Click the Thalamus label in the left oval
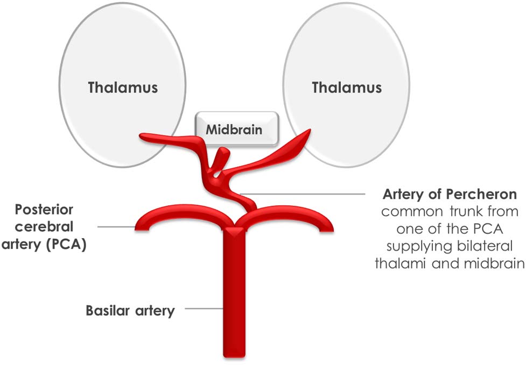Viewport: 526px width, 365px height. point(123,87)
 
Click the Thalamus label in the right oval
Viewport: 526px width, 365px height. point(347,87)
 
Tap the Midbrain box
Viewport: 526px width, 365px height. point(236,130)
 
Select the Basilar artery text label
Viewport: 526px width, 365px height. point(130,310)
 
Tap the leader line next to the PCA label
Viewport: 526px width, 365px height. point(116,227)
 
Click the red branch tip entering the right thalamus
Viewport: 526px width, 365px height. point(305,134)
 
